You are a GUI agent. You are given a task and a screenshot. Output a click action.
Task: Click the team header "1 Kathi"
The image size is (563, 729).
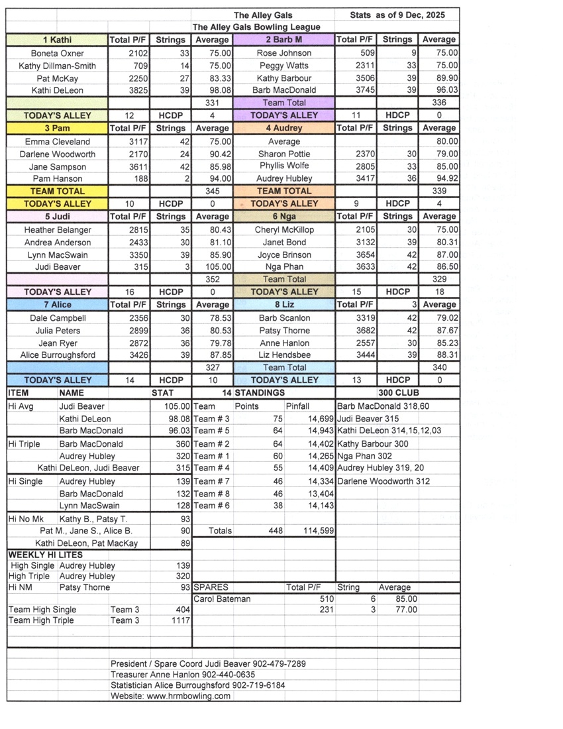pyautogui.click(x=57, y=40)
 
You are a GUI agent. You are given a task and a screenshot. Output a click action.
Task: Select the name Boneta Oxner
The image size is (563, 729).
pyautogui.click(x=57, y=53)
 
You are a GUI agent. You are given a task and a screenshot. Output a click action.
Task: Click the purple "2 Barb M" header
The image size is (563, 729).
pyautogui.click(x=284, y=40)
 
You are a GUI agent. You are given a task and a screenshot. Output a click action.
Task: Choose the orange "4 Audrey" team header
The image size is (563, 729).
pyautogui.click(x=284, y=128)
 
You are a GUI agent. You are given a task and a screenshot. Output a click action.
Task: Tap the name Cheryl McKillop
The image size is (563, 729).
pyautogui.click(x=284, y=230)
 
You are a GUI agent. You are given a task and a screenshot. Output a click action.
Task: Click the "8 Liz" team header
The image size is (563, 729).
pyautogui.click(x=284, y=305)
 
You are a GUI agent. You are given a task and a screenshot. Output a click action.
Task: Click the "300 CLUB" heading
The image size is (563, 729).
pyautogui.click(x=398, y=393)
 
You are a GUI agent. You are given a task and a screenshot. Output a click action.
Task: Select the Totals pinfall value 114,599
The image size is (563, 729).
pyautogui.click(x=317, y=531)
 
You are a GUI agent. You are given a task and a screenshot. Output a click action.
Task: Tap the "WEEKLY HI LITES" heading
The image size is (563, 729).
pyautogui.click(x=46, y=555)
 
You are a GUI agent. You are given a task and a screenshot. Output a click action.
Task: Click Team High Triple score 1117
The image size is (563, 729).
pyautogui.click(x=180, y=620)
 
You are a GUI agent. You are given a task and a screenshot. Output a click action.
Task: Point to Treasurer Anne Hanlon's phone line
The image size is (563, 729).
pyautogui.click(x=183, y=674)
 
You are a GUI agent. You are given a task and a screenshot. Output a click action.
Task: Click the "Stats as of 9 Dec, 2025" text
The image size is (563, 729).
pyautogui.click(x=397, y=15)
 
